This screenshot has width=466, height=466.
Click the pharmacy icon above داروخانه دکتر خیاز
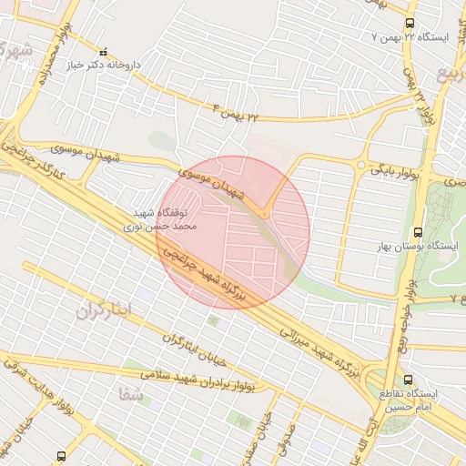(103, 52)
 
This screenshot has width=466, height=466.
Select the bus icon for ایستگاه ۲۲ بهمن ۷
(410, 23)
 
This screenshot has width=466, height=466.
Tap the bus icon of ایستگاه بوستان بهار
(418, 233)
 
